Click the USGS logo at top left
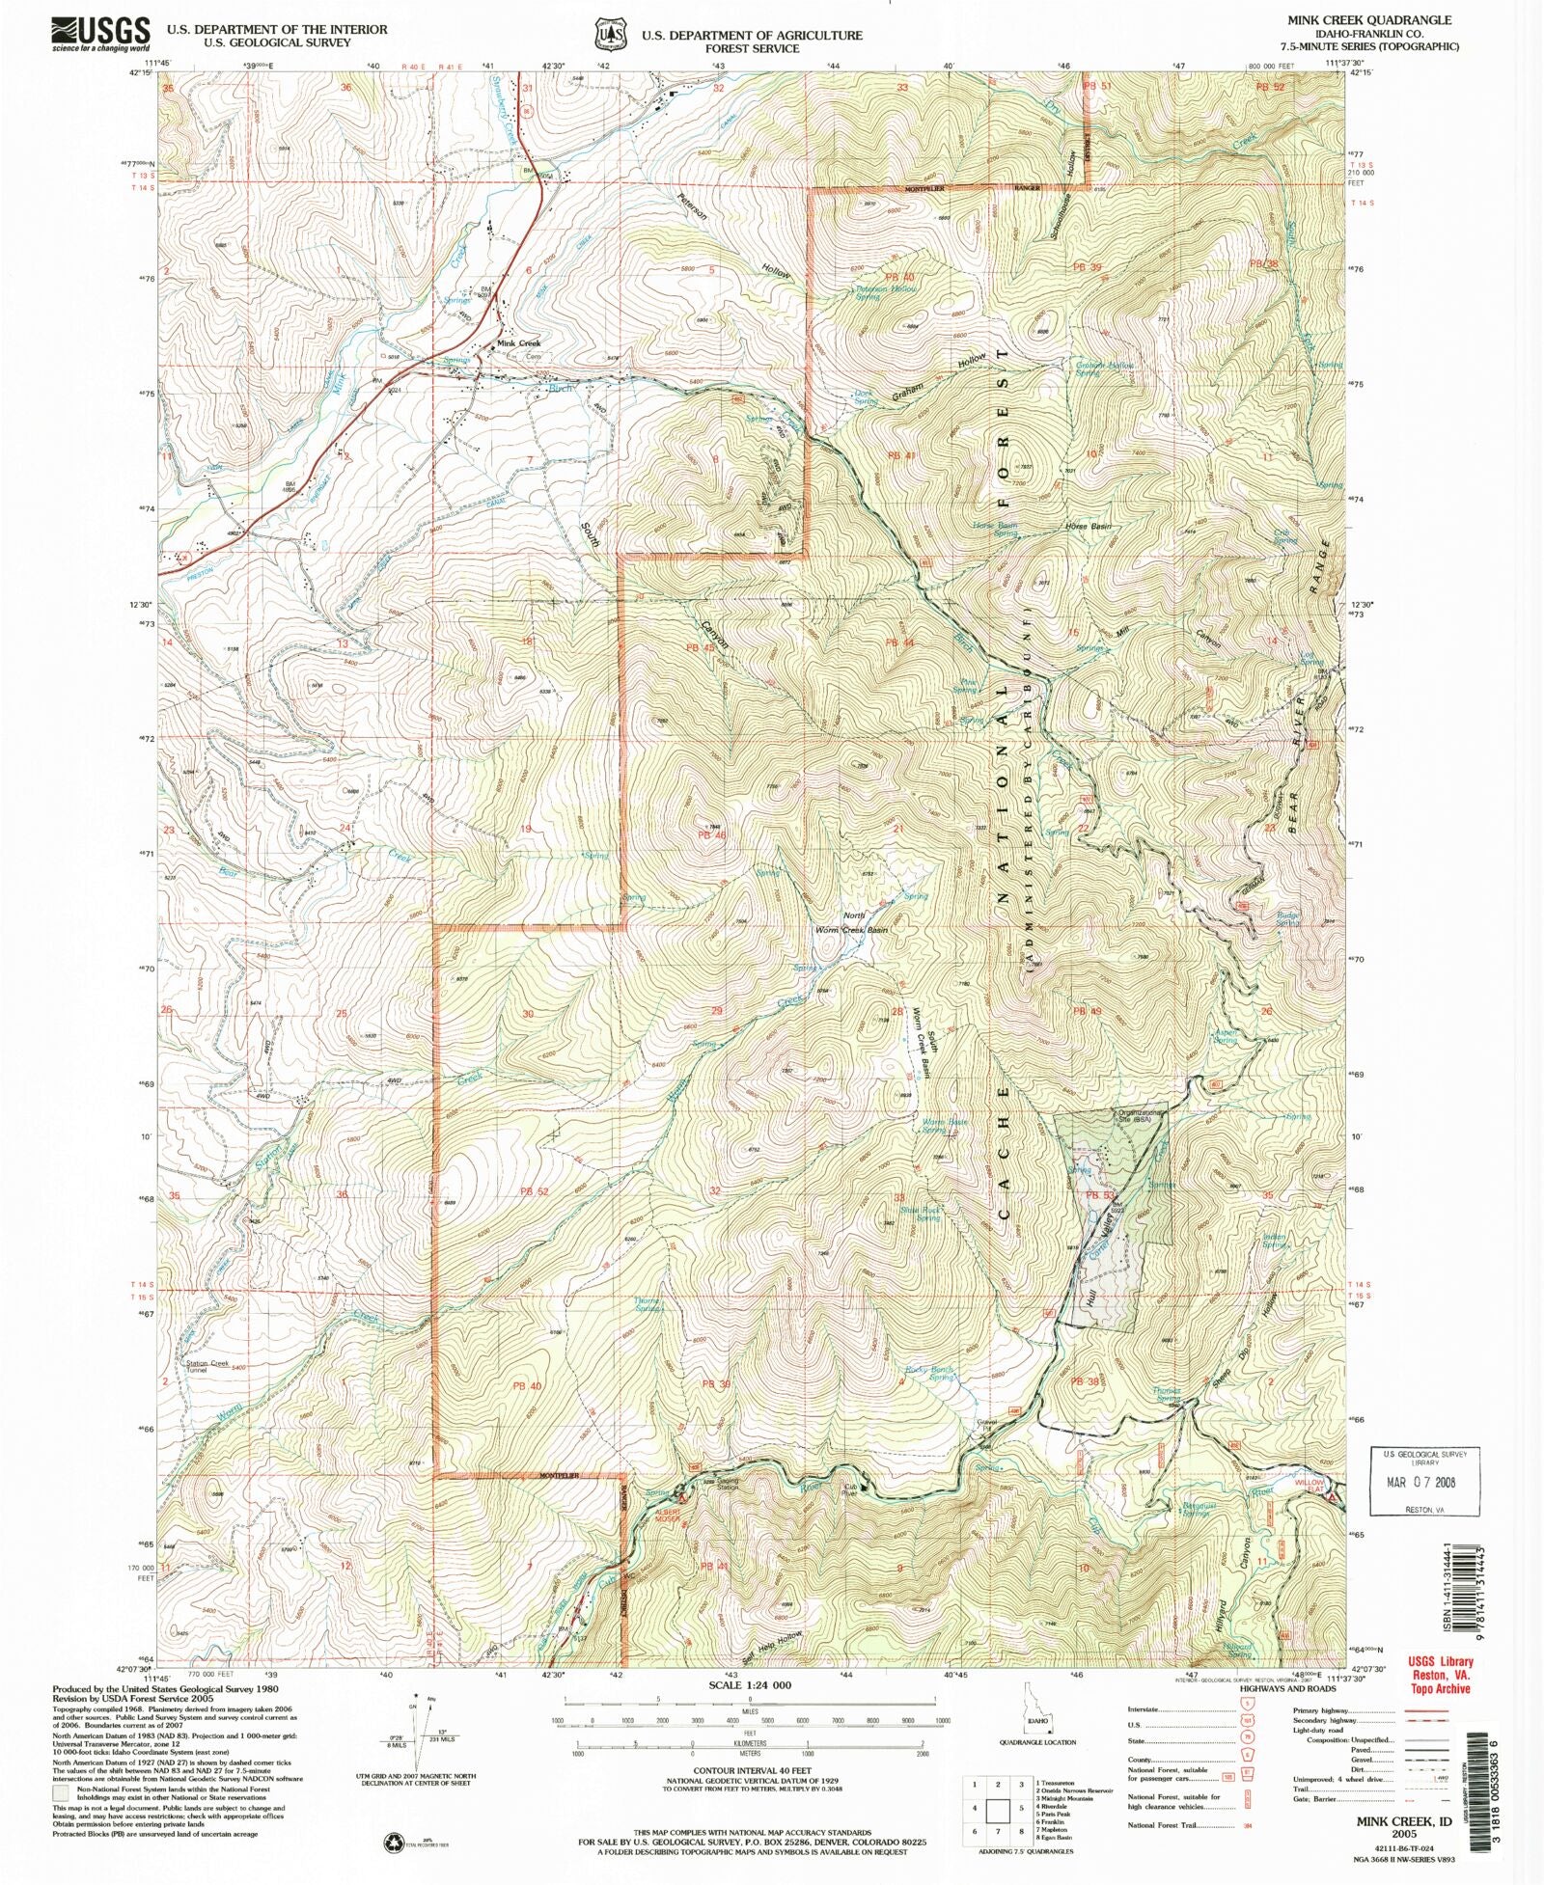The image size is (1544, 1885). click(x=100, y=34)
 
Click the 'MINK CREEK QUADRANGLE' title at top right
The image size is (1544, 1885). click(x=1382, y=20)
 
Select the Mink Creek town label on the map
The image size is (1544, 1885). click(x=518, y=343)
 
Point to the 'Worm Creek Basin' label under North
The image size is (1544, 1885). click(x=851, y=930)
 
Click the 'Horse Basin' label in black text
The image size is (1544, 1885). click(x=1088, y=527)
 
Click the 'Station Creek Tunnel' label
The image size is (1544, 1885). click(x=207, y=1366)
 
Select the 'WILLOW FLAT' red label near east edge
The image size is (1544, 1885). click(x=1310, y=1487)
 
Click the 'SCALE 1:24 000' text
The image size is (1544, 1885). click(x=750, y=1685)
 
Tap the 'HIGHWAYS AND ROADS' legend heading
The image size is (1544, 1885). click(x=1287, y=1689)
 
